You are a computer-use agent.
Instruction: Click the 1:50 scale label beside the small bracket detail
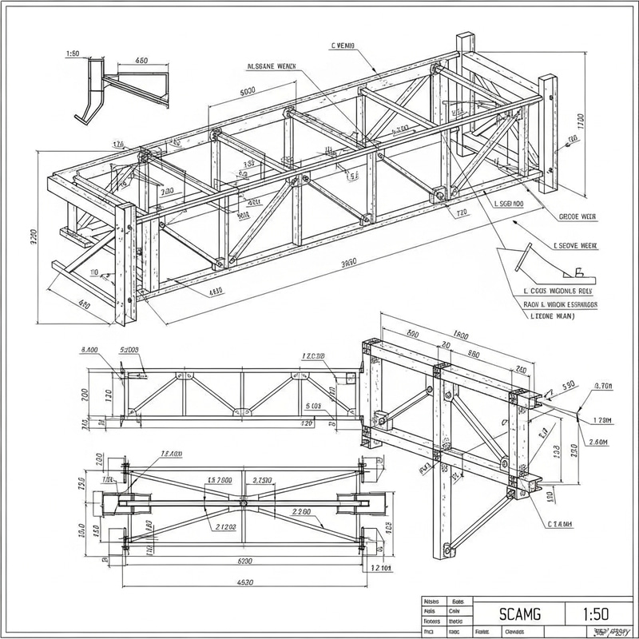[70, 54]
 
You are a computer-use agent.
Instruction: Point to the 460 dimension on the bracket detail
[141, 61]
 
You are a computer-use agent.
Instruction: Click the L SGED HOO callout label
[509, 204]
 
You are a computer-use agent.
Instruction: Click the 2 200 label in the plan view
[301, 512]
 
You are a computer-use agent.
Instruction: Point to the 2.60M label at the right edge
[597, 442]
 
